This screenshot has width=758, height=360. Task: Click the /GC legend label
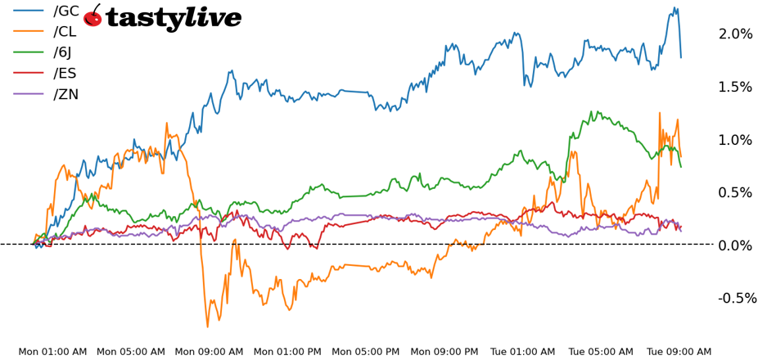pos(66,11)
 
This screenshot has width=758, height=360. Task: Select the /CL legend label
pos(65,32)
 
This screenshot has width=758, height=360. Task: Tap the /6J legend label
pos(62,53)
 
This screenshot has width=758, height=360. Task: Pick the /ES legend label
pos(65,74)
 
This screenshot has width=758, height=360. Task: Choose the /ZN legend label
pos(66,94)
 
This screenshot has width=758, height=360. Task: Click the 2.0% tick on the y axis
pos(734,34)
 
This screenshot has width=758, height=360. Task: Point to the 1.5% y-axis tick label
pos(734,87)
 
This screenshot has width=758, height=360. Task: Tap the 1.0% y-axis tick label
pos(734,140)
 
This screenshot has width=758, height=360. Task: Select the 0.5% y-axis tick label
pos(734,192)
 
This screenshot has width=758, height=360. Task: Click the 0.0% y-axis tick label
pos(734,245)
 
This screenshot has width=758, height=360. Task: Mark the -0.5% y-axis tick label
pos(738,298)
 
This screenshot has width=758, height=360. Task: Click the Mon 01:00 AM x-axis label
pos(52,352)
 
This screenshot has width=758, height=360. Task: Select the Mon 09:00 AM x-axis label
pos(209,352)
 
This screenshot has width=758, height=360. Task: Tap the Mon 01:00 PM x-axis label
pos(287,352)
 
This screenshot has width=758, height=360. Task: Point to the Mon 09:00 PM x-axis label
pos(444,352)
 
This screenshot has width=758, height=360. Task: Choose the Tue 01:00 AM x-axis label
pos(524,352)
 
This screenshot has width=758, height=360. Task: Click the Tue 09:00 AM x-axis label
pos(679,352)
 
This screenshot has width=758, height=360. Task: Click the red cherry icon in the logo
pos(92,17)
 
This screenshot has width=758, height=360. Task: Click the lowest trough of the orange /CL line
pos(207,326)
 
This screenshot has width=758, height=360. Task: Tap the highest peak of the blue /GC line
pos(675,8)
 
